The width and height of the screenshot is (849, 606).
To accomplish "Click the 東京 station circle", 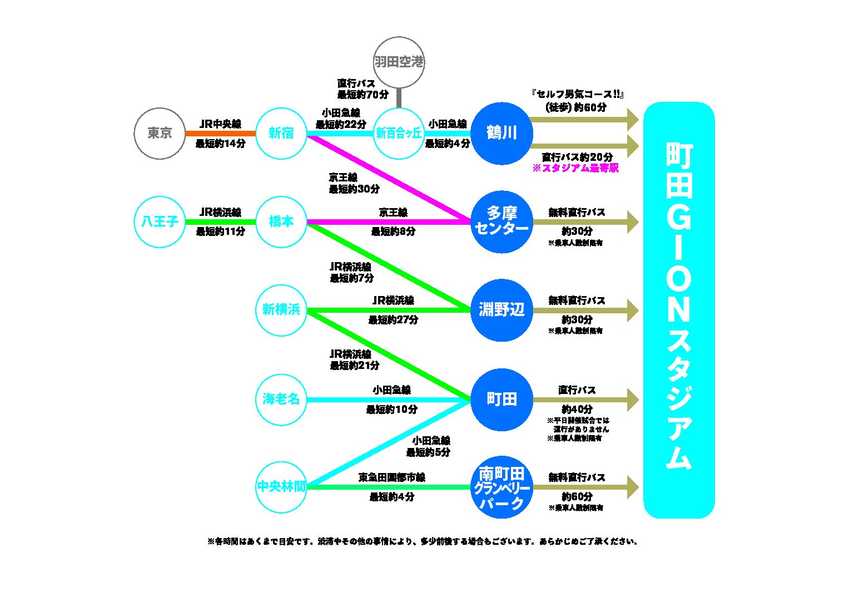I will coord(160,134).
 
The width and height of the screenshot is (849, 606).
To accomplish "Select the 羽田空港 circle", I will coord(399,62).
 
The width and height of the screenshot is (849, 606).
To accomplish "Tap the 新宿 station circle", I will coord(281,134).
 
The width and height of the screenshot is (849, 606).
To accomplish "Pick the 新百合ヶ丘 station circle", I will coord(399,134).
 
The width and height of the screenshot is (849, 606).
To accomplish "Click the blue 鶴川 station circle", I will coord(502,134).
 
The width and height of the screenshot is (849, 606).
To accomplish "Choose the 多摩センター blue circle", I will coord(502,221).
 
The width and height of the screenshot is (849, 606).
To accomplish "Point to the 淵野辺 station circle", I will coord(502,310).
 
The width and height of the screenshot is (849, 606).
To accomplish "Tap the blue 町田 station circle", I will coord(502,399).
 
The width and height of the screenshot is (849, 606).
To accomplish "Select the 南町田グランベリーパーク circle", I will coord(502,487).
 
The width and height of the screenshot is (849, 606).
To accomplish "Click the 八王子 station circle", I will coord(160,221).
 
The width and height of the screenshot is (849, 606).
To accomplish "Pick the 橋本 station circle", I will coord(281,221).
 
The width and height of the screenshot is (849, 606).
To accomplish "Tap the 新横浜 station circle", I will coord(281,310).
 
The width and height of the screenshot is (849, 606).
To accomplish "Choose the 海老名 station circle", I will coord(281,399).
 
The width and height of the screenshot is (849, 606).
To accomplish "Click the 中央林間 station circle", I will coord(281,487).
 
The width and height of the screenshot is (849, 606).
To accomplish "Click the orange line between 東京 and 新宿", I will coord(220,134).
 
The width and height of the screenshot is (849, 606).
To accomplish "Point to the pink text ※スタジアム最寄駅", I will coord(575,168).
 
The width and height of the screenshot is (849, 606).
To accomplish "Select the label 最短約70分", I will coord(363,95).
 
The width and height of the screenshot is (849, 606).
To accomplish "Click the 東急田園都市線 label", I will coord(392,477).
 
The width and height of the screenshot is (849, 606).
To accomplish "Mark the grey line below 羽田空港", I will coord(399,98).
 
